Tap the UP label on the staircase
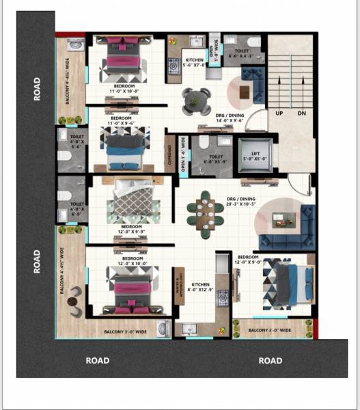(x=279, y=113)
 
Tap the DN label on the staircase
(x=301, y=113)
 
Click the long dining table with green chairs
(x=208, y=211)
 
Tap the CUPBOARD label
(x=169, y=155)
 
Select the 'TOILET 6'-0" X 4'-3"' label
(x=243, y=54)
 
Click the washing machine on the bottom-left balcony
(x=163, y=329)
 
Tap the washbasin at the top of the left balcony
(x=75, y=45)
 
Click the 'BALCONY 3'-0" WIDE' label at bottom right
(x=269, y=330)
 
